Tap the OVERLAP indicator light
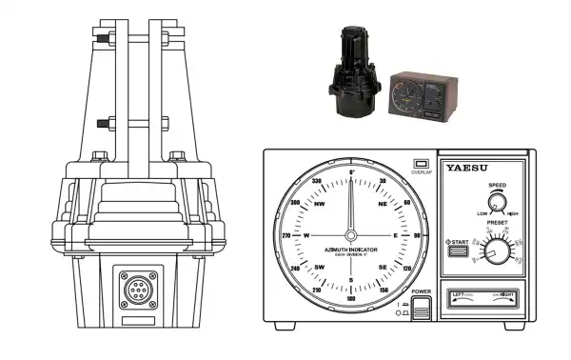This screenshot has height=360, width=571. coord(419,163)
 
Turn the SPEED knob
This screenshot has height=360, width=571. coord(495,201)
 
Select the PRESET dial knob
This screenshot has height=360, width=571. coord(495,252)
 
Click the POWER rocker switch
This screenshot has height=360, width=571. coord(420,307)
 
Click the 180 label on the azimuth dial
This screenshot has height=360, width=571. coord(351,299)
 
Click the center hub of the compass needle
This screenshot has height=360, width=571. coord(351,235)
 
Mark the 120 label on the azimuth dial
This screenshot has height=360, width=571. coord(409,270)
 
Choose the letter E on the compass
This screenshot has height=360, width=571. coord(395,235)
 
